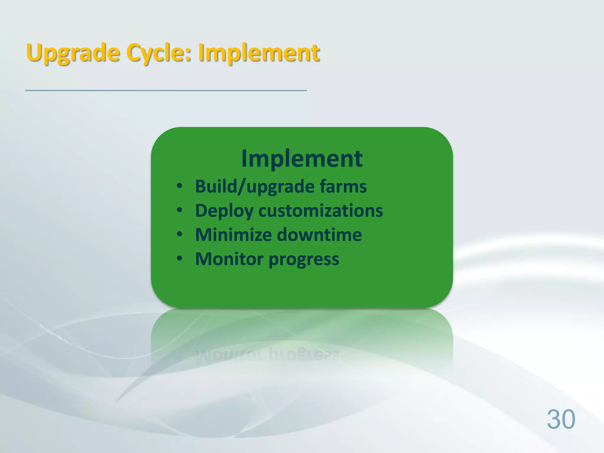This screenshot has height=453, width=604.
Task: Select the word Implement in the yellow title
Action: pyautogui.click(x=259, y=53)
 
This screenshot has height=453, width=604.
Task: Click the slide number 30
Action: pyautogui.click(x=561, y=419)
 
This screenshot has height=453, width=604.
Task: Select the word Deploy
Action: pyautogui.click(x=224, y=211)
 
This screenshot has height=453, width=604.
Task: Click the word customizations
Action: pyautogui.click(x=321, y=211)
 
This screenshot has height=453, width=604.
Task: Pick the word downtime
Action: pyautogui.click(x=319, y=235)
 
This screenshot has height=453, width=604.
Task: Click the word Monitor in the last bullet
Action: pyautogui.click(x=229, y=259)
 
